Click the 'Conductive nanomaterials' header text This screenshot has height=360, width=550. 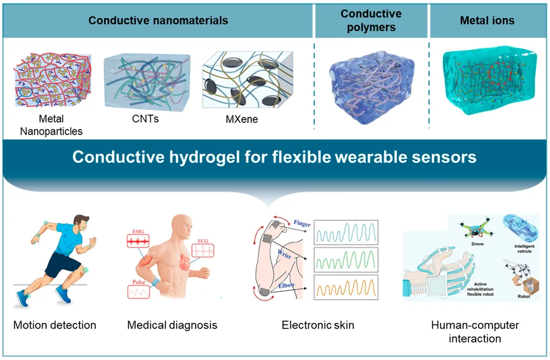(x=158, y=20)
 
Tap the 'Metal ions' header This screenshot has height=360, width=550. (x=487, y=20)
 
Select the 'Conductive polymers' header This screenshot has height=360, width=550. (x=371, y=20)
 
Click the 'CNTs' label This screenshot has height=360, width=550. (x=145, y=119)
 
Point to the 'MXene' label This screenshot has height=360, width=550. (x=242, y=119)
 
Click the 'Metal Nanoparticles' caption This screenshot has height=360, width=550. (x=51, y=125)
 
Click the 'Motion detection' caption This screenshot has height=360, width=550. (x=55, y=325)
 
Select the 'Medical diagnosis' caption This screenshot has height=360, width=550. (x=172, y=325)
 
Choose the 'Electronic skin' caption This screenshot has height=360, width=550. (x=318, y=325)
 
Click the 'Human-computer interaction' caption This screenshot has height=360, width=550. (x=475, y=332)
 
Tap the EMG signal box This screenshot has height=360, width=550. (x=138, y=241)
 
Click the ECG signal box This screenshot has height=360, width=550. (x=202, y=250)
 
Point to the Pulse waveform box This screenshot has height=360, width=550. (x=139, y=292)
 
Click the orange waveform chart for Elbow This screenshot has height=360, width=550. (x=346, y=287)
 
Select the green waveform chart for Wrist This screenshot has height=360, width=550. (x=346, y=260)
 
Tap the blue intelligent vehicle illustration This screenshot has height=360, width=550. (x=520, y=228)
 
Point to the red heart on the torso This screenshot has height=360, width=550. (x=185, y=262)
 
